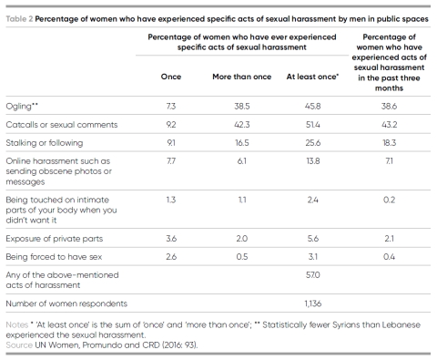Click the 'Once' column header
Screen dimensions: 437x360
(x=171, y=77)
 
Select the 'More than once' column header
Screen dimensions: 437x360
(x=241, y=77)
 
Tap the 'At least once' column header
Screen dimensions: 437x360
(x=312, y=77)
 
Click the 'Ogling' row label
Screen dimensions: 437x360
(x=22, y=107)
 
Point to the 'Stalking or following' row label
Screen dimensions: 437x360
(x=45, y=143)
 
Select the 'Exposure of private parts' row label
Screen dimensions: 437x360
(x=55, y=239)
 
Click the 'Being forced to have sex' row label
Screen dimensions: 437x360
(x=54, y=257)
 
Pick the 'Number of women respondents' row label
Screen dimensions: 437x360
(x=66, y=303)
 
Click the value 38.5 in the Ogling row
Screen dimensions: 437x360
(x=242, y=107)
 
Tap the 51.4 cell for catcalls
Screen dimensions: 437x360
(x=313, y=125)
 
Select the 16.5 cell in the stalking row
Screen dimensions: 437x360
(x=242, y=143)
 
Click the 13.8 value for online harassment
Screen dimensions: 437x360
(x=313, y=161)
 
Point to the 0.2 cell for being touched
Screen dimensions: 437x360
(x=389, y=200)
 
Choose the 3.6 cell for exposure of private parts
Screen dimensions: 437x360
(x=171, y=239)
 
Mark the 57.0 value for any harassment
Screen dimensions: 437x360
(x=313, y=275)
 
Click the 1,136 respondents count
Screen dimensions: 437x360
(x=313, y=303)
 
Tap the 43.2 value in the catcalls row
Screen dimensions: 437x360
(x=389, y=125)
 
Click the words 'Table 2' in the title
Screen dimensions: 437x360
(x=19, y=19)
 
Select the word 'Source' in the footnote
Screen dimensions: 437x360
(x=19, y=345)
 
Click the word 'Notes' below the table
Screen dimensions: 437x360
(x=17, y=324)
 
